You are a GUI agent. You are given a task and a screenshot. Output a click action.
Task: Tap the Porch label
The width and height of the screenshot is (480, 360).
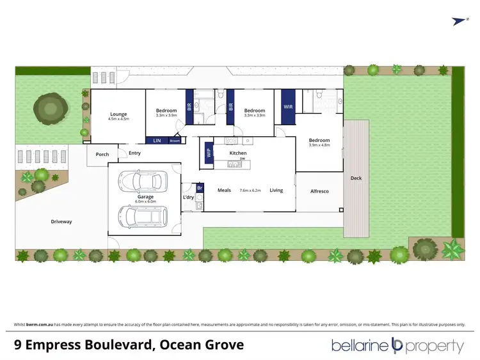click(102, 154)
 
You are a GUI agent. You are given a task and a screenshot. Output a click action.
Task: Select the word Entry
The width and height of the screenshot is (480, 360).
click(134, 153)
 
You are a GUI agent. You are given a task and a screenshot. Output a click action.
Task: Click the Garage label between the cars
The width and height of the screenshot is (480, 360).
click(145, 197)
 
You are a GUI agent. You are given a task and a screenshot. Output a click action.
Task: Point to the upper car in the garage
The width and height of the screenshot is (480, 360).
click(145, 181)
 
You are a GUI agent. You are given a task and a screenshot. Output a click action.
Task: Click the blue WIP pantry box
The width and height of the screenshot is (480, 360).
click(209, 153)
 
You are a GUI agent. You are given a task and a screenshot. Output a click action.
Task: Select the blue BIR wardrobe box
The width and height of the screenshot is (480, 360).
click(189, 107)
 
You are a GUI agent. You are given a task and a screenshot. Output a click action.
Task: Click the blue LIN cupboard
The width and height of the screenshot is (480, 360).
click(157, 140)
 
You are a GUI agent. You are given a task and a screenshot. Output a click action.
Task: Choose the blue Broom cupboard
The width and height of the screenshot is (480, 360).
click(174, 140)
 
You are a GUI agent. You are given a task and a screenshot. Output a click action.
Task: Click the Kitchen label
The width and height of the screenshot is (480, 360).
click(238, 154)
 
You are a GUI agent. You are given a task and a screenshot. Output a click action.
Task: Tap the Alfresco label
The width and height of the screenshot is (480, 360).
click(319, 191)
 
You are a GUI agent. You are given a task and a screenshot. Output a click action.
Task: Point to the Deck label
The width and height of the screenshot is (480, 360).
click(356, 178)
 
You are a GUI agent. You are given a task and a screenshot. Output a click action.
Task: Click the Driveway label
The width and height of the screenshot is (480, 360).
click(61, 222)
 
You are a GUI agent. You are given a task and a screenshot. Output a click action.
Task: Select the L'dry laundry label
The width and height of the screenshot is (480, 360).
click(188, 197)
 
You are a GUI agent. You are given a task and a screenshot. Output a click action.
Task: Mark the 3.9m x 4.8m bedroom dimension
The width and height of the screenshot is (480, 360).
click(319, 145)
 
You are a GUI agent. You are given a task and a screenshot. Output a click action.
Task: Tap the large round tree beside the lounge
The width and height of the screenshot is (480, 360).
click(49, 109)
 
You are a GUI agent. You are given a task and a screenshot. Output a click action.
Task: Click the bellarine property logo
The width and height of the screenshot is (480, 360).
click(397, 346)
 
